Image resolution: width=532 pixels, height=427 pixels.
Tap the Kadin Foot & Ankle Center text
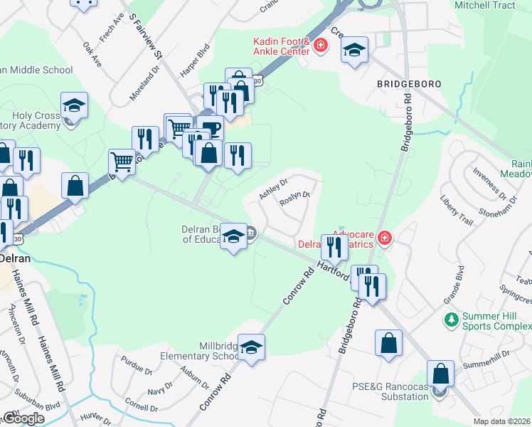[282, 46]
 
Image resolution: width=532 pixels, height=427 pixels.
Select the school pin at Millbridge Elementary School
[251, 347]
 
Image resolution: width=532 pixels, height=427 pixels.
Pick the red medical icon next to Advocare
[384, 237]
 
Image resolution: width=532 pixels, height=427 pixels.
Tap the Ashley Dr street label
[273, 190]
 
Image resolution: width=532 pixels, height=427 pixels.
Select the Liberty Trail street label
[456, 210]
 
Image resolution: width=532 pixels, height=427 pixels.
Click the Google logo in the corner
[23, 418]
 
